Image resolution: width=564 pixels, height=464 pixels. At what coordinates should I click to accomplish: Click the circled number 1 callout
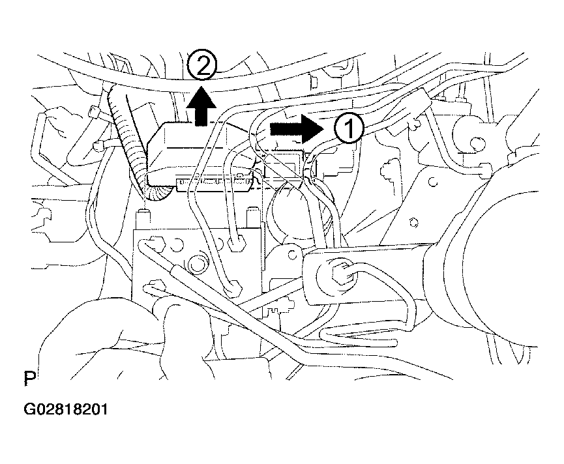click(349, 129)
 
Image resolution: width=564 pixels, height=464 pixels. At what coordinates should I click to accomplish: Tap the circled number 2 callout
click(202, 66)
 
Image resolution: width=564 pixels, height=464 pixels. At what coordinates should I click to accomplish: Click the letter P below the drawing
click(29, 379)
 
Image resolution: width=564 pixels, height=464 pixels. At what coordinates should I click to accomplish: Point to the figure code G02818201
click(65, 409)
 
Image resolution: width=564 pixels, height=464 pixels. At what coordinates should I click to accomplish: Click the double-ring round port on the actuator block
click(196, 264)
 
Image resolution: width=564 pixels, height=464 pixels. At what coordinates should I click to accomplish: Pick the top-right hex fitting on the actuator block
click(236, 244)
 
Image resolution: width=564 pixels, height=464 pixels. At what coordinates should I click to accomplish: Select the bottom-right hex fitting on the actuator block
click(233, 288)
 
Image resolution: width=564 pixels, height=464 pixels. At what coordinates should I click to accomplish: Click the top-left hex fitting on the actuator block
click(155, 242)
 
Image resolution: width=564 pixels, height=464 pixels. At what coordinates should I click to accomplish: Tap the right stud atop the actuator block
click(253, 217)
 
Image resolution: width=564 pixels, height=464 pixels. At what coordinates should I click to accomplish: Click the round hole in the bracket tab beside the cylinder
click(292, 255)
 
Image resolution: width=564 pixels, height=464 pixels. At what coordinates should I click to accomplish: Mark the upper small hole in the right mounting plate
click(434, 182)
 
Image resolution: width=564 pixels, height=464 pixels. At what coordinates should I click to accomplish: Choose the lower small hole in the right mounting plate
click(415, 223)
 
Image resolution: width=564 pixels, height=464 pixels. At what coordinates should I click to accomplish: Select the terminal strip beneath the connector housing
click(215, 182)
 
